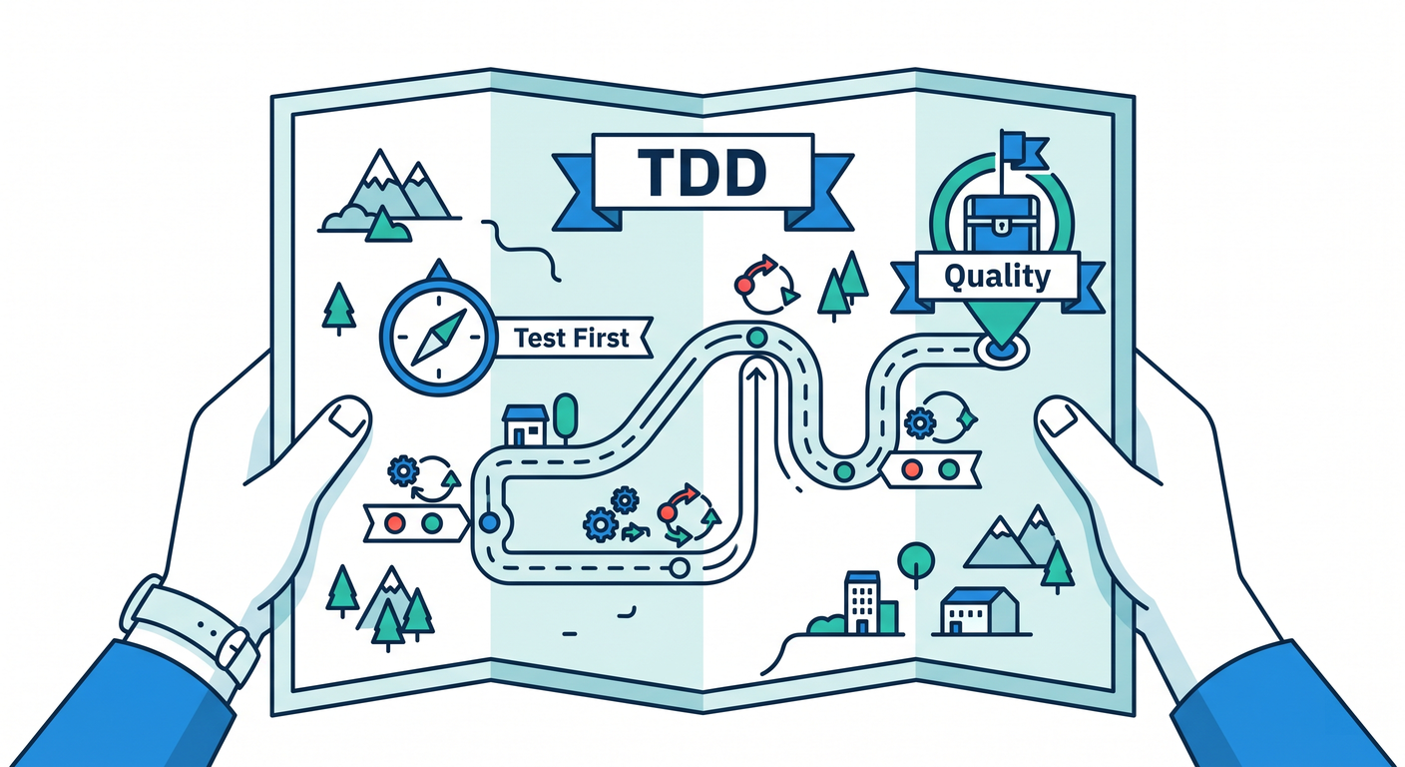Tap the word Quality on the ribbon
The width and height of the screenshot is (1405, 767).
(x=997, y=277)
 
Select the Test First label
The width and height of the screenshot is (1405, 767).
(x=571, y=339)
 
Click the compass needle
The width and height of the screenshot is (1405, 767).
(x=439, y=337)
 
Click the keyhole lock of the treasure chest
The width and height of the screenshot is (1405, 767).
(x=1002, y=224)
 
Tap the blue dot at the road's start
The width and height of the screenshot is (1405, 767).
(x=489, y=522)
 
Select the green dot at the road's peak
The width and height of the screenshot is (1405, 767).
(x=757, y=338)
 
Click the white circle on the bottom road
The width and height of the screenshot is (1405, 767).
(x=680, y=568)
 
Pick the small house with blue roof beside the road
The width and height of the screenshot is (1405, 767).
(x=526, y=425)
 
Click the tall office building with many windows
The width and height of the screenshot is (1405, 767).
(x=862, y=602)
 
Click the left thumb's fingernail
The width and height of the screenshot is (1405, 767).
(x=348, y=418)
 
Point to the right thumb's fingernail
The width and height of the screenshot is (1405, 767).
(x=1058, y=418)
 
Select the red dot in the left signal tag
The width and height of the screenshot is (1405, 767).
(x=394, y=523)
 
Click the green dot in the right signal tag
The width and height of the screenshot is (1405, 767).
(x=949, y=468)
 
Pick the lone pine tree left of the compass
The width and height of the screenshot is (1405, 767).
(x=338, y=309)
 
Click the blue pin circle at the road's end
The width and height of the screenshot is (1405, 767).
(x=1002, y=349)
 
